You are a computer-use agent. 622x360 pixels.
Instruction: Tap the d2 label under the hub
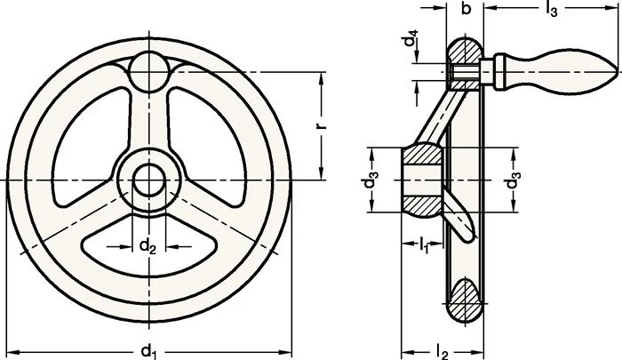148,247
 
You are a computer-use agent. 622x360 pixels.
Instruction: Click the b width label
466,8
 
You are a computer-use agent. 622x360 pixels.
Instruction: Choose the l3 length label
551,9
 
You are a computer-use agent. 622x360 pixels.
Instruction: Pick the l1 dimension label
424,245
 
